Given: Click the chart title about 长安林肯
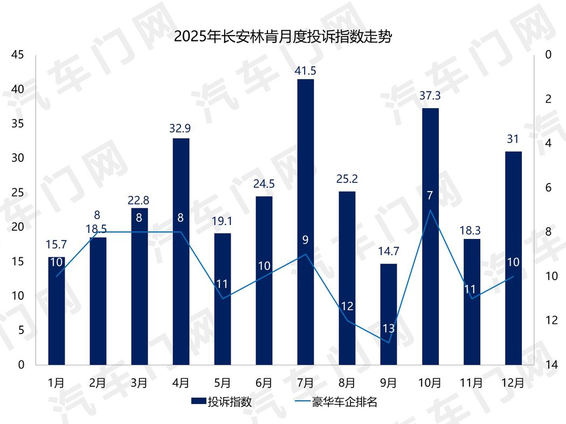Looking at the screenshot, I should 282,37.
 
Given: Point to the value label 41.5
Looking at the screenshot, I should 306,70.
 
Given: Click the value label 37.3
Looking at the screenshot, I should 430,96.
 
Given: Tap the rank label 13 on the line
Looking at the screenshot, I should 389,328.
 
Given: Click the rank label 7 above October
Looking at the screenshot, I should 430,196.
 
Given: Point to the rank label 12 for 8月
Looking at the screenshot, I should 347,307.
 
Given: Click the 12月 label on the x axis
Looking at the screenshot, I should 513,383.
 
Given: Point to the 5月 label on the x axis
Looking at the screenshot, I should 223,383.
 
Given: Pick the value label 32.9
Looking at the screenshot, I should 181,129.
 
